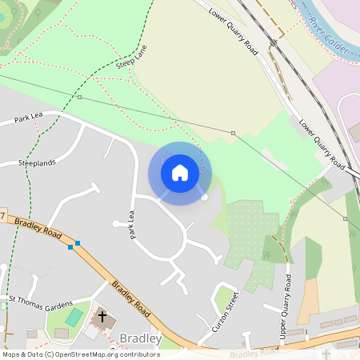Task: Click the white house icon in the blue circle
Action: tap(180, 172)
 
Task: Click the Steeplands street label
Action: tap(37, 162)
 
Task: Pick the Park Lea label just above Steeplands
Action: tap(27, 119)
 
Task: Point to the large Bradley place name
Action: tap(140, 339)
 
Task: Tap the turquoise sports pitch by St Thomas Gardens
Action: tap(73, 318)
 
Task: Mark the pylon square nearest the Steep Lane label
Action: tap(80, 97)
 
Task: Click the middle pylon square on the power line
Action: tap(233, 133)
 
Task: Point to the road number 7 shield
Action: tap(3, 217)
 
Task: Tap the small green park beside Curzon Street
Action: tap(224, 298)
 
